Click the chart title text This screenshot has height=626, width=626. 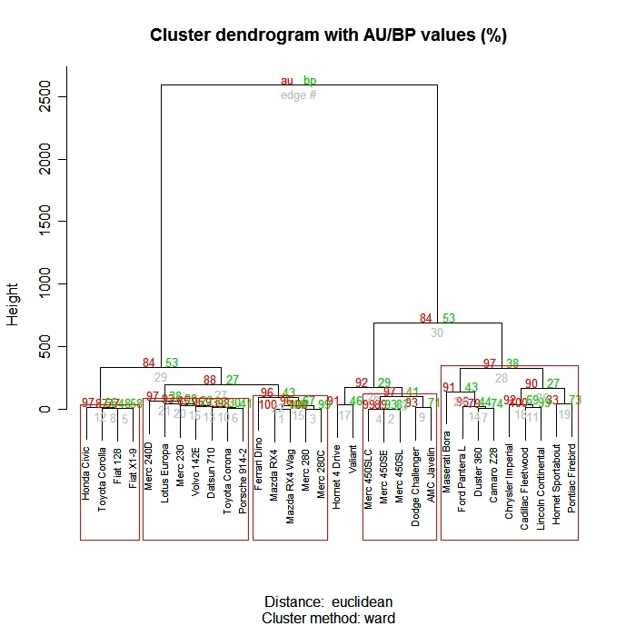328,35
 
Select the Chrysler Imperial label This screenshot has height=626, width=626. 509,476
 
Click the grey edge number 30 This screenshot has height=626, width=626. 437,333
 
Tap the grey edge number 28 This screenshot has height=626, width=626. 501,377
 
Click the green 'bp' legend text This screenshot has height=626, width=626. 310,82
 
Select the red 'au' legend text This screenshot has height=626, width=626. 287,82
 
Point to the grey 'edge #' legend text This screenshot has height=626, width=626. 298,94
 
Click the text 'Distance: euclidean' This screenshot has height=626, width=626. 328,602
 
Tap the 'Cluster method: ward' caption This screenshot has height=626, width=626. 328,617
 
